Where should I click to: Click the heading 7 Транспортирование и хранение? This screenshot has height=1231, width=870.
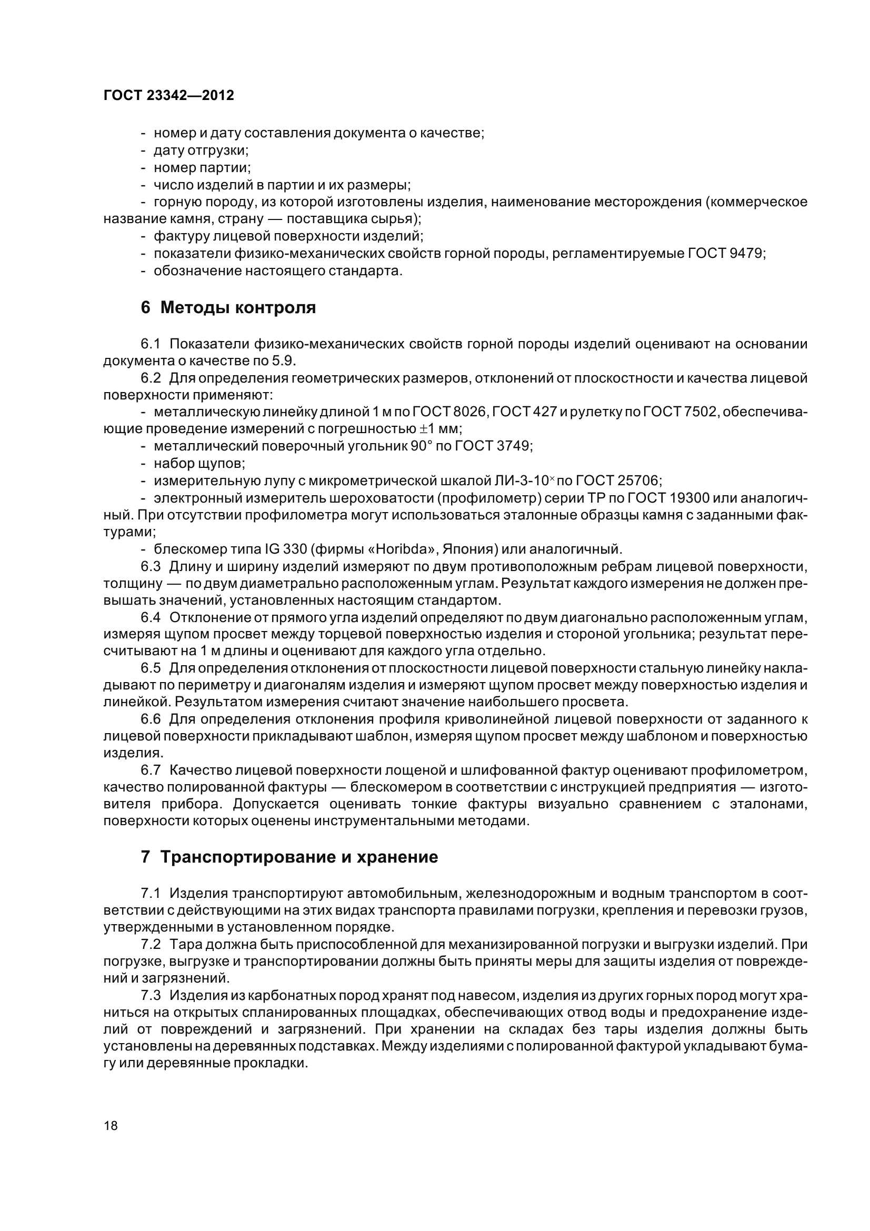(x=289, y=857)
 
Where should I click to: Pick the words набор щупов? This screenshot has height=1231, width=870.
(x=199, y=463)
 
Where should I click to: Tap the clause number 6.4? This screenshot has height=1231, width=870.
(x=151, y=618)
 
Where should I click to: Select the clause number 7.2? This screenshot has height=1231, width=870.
(x=151, y=944)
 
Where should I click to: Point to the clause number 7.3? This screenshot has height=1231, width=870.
(x=151, y=995)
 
